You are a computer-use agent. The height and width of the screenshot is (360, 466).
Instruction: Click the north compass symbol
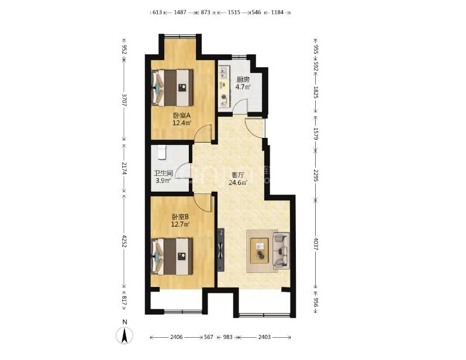click(124, 335)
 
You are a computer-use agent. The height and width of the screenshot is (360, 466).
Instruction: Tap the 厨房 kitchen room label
click(243, 79)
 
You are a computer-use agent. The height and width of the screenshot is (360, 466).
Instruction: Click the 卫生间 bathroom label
click(163, 173)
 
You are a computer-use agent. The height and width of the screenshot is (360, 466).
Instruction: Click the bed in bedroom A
click(172, 88)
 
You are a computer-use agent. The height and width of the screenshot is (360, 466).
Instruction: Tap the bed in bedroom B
click(172, 257)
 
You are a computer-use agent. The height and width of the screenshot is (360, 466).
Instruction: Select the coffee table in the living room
click(260, 251)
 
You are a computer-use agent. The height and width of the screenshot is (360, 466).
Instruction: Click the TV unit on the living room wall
click(221, 250)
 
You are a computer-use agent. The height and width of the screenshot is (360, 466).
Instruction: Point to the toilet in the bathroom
click(161, 152)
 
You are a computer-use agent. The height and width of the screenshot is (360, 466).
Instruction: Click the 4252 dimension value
click(124, 242)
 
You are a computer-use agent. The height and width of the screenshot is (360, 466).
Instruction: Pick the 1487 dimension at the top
click(180, 12)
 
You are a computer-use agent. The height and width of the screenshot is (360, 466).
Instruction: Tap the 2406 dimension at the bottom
click(177, 337)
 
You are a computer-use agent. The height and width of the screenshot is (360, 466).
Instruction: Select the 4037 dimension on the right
click(316, 243)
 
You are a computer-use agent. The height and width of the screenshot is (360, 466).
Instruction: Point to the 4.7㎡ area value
click(243, 86)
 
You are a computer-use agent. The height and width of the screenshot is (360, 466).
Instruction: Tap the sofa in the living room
click(281, 251)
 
